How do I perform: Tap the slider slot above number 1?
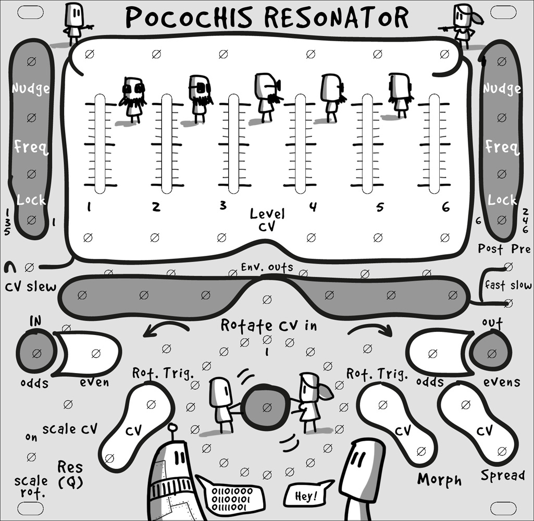coord(100,144)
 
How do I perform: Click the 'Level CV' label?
coord(267,219)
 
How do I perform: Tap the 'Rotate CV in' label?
coord(269,325)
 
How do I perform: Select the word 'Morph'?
coord(439,479)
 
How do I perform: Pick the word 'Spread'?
coord(502,475)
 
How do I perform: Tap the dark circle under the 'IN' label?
coord(36,353)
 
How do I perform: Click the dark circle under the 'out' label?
coord(491,352)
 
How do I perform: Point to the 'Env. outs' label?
coord(267,267)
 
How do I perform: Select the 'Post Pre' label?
coord(504,249)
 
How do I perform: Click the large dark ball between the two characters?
coord(267,407)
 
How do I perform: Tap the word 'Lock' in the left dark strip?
coord(31,200)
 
